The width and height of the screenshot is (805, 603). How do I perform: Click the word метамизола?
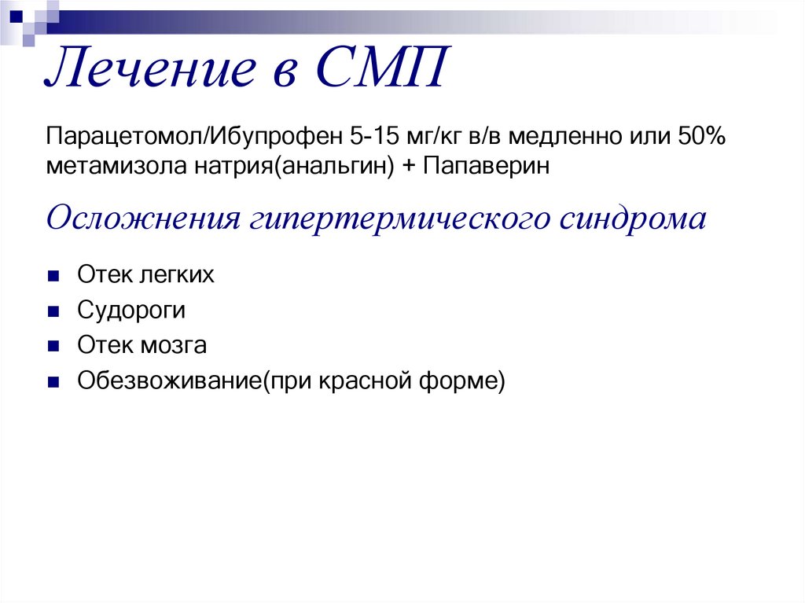coord(107,167)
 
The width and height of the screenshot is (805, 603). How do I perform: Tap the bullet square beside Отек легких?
coord(53,277)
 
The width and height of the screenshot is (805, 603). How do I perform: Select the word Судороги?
coord(131,311)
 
